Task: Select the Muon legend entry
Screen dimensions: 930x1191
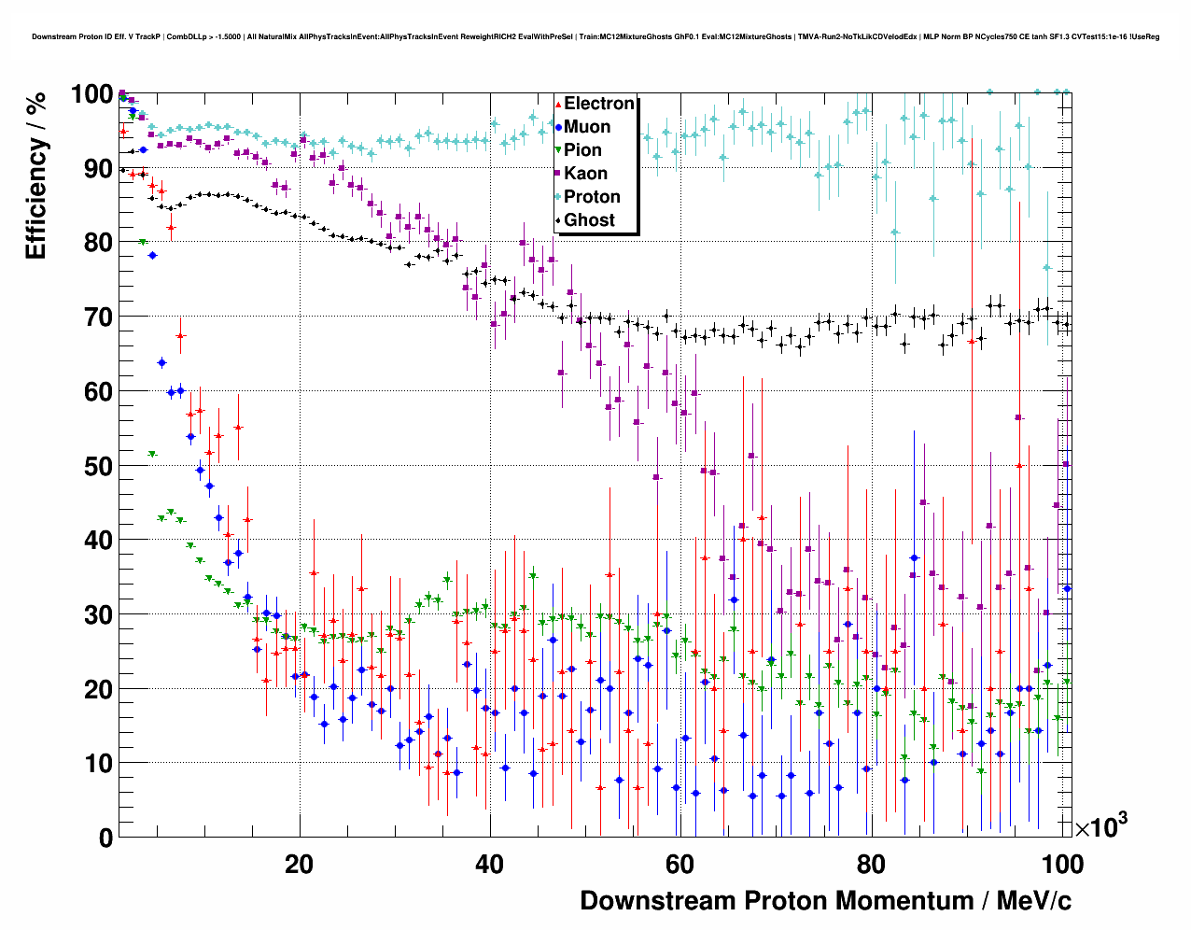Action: [x=587, y=127]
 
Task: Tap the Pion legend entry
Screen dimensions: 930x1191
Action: [x=582, y=150]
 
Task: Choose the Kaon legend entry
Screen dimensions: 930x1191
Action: [x=585, y=174]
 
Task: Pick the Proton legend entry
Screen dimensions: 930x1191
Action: [x=592, y=197]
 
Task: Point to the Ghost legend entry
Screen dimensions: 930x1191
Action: [x=589, y=220]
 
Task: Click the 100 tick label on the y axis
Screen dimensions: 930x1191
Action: [x=91, y=94]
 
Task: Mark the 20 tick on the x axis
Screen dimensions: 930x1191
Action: [x=299, y=865]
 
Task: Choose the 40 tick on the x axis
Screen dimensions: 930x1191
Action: [x=489, y=865]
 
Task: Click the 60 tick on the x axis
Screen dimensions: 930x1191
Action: [x=680, y=865]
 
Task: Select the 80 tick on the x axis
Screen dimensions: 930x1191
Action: [x=871, y=865]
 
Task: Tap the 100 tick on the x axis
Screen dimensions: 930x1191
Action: [x=1060, y=865]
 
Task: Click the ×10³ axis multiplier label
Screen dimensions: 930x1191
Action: [x=1100, y=826]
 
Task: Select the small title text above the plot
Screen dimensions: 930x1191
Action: [x=595, y=37]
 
